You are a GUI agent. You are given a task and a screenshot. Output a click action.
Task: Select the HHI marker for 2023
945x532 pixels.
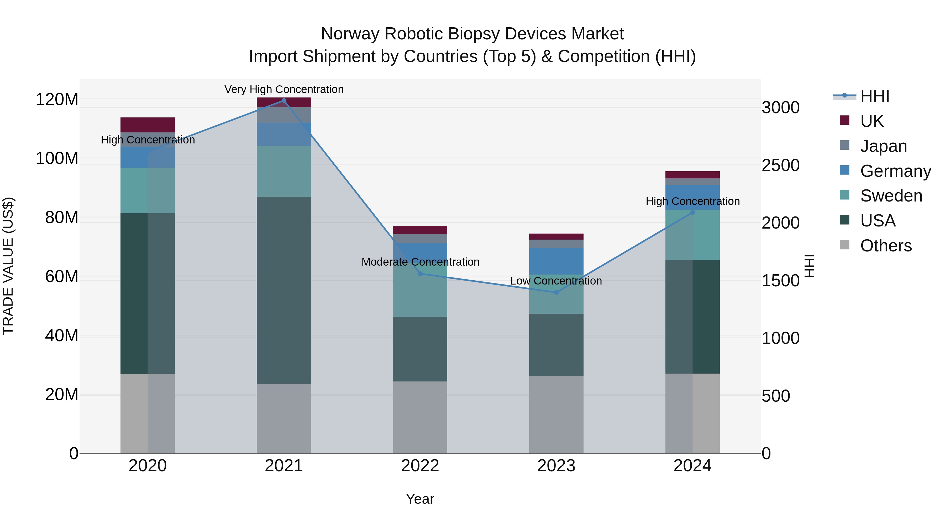pyautogui.click(x=556, y=292)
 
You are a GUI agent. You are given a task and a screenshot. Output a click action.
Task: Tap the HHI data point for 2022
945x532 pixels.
pyautogui.click(x=420, y=273)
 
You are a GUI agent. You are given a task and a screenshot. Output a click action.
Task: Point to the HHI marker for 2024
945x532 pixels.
pyautogui.click(x=692, y=212)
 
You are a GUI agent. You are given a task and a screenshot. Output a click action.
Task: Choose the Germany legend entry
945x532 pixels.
pyautogui.click(x=895, y=171)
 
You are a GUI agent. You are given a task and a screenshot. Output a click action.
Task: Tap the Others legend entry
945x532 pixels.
pyautogui.click(x=886, y=246)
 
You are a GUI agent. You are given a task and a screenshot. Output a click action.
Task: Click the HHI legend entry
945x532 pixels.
pyautogui.click(x=875, y=96)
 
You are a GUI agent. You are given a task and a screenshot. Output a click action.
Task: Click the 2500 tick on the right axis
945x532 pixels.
pyautogui.click(x=780, y=165)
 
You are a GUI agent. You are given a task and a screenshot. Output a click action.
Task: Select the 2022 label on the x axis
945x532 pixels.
pyautogui.click(x=420, y=466)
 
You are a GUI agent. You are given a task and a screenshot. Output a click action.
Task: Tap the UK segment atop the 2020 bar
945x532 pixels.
pyautogui.click(x=148, y=125)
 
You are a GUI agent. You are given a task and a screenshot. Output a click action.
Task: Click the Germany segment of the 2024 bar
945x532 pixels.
pyautogui.click(x=692, y=197)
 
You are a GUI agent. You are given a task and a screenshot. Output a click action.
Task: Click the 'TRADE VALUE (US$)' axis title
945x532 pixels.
pyautogui.click(x=8, y=266)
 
